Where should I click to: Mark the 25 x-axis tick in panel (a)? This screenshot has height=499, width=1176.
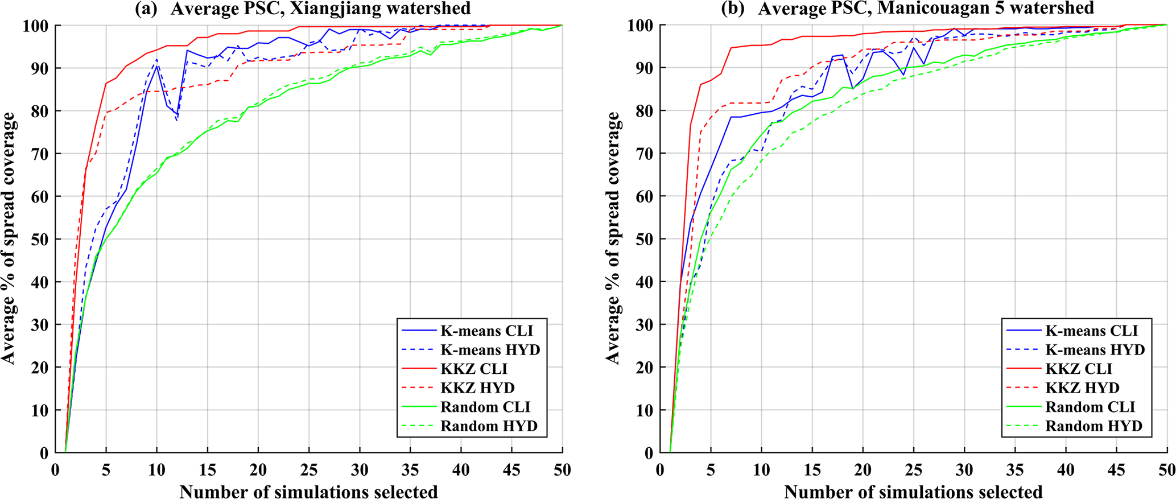tap(308, 471)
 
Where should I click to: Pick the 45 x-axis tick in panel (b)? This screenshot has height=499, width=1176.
tap(1116, 471)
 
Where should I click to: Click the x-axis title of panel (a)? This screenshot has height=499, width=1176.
tap(308, 490)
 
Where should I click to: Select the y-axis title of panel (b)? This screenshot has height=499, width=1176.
tap(613, 239)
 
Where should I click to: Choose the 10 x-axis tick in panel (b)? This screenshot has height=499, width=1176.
tap(761, 471)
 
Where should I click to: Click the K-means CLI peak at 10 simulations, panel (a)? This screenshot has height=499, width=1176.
tap(156, 66)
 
